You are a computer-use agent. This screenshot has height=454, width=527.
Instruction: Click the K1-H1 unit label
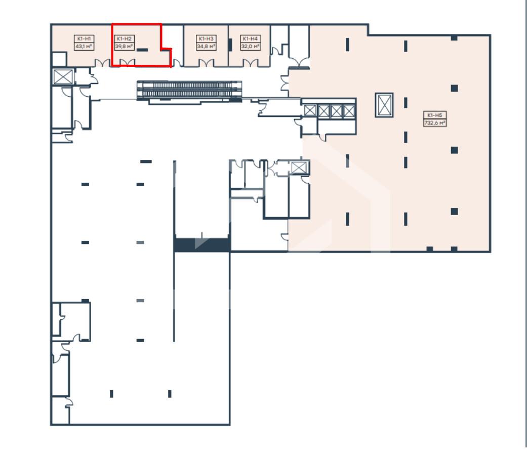84,38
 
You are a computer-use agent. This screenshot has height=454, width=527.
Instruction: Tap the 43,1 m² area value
84,47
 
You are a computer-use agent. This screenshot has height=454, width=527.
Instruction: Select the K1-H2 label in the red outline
124,38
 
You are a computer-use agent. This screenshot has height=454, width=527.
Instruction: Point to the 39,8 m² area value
124,47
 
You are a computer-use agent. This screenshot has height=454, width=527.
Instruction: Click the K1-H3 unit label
206,38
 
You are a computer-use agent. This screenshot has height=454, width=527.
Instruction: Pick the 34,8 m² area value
206,47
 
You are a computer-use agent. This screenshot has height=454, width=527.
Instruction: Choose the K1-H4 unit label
251,38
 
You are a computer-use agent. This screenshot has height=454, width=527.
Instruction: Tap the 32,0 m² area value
251,47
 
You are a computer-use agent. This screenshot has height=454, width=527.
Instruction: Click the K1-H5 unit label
435,115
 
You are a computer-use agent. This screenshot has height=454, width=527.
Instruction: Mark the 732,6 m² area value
435,123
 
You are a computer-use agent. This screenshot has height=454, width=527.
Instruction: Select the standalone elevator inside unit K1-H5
384,105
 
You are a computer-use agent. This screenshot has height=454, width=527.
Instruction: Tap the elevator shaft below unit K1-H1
63,76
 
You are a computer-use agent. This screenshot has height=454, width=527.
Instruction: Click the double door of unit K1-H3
206,63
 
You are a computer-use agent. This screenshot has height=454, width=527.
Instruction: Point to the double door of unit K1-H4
251,63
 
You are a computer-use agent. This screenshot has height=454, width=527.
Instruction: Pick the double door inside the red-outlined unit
128,62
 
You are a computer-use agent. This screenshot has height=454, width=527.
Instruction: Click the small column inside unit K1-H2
142,50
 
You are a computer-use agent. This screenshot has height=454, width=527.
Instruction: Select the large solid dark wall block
201,245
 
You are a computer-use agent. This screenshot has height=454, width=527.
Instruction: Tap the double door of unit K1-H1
102,63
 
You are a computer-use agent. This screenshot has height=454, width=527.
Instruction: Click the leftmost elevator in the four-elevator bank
310,110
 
